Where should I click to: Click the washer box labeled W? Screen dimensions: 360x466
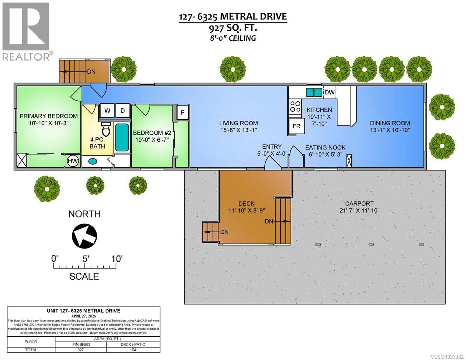coord(108,110)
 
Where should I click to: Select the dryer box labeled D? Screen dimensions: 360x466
coord(122,110)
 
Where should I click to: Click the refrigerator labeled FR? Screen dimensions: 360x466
coord(296,126)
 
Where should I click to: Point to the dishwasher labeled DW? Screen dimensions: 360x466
coord(329,92)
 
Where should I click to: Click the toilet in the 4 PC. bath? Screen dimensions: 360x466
coord(106,128)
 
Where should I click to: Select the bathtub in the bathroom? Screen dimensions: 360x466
coord(122,137)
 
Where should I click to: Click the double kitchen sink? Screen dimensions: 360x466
coord(314,92)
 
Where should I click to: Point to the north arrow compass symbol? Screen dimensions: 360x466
coord(84,235)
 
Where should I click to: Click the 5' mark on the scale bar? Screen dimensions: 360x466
coord(84,259)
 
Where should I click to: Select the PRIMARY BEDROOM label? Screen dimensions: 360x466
coord(49,116)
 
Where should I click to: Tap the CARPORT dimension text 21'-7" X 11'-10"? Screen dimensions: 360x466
coord(359,210)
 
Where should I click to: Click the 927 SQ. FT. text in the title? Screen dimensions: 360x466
coord(233,28)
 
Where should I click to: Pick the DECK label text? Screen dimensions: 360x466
coord(247,203)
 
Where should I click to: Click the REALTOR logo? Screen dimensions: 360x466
coord(26,31)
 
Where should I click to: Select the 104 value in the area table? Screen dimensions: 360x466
coord(133,350)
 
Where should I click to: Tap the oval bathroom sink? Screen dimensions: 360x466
coord(93,161)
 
